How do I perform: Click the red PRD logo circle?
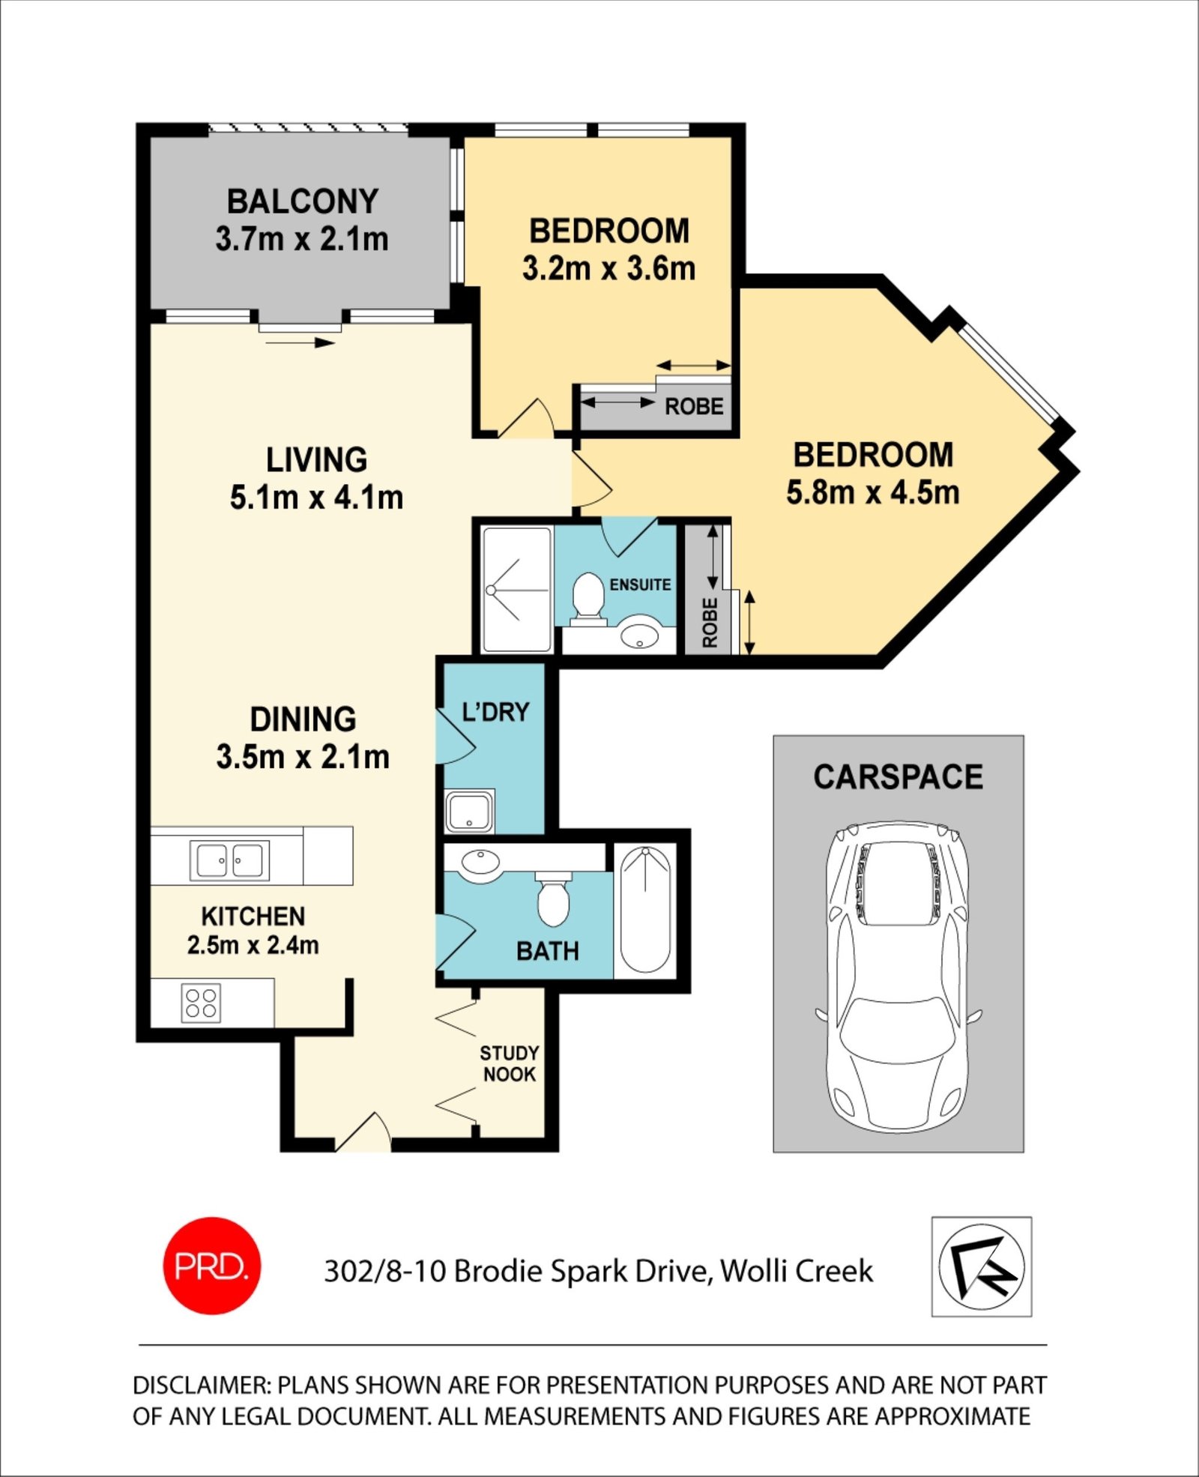212,1266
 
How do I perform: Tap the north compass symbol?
982,1267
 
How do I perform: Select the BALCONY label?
303,201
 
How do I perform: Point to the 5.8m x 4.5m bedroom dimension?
873,492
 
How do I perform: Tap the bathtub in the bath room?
645,910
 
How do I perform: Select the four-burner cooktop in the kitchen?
201,1003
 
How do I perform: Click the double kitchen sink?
229,860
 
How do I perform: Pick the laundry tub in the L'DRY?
469,810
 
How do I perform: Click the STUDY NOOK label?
510,1063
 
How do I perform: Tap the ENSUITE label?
640,585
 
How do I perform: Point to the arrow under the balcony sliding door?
300,343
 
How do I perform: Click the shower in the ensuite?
517,590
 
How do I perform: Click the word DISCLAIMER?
202,1386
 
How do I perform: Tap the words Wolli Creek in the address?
797,1271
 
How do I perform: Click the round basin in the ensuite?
639,635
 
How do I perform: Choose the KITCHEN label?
253,916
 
